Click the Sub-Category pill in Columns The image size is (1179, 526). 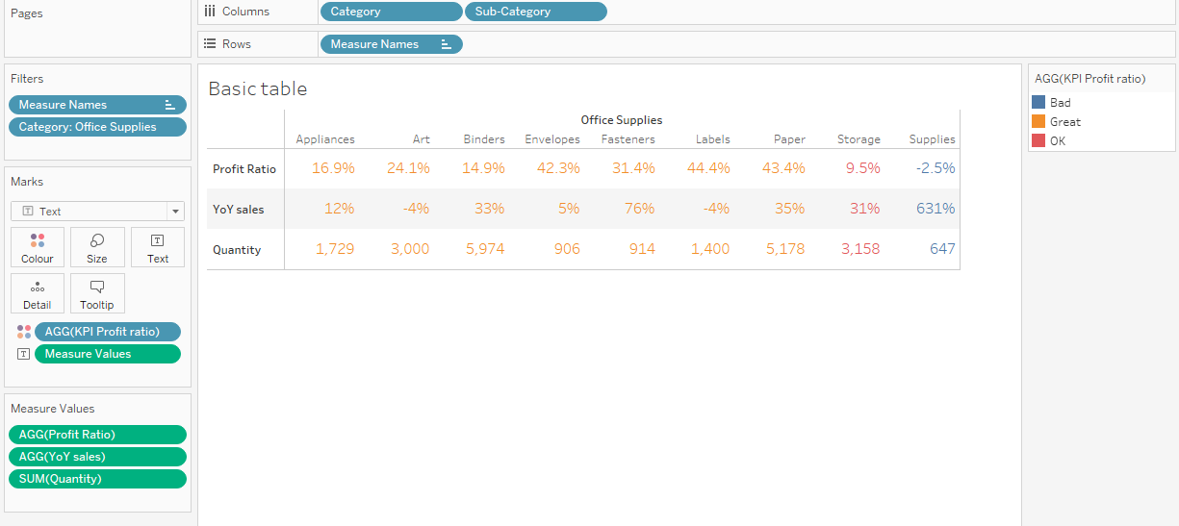[535, 12]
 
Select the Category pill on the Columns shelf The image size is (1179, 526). [390, 12]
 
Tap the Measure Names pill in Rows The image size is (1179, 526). [390, 44]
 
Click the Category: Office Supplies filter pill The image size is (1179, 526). [97, 127]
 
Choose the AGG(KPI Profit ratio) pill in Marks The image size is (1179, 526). [107, 332]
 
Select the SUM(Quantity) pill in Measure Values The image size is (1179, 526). [97, 479]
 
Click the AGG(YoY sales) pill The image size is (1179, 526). [97, 457]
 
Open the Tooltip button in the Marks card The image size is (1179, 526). [97, 293]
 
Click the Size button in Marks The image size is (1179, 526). [97, 247]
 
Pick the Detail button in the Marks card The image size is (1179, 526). [38, 293]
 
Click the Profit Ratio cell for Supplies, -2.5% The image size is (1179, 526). [935, 168]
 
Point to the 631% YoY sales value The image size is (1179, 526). [935, 209]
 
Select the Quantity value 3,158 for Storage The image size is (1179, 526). [859, 249]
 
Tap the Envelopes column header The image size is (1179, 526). [552, 139]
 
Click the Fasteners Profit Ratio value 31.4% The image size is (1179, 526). [634, 168]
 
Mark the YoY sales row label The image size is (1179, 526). [239, 209]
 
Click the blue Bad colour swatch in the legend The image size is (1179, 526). [1038, 102]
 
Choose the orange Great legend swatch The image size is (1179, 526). [1038, 121]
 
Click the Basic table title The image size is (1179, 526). [258, 89]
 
